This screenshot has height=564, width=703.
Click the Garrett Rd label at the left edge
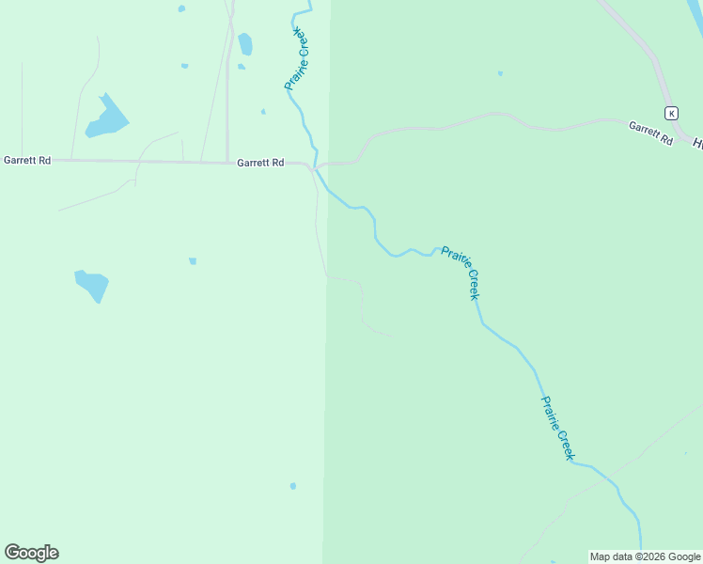[x=26, y=160]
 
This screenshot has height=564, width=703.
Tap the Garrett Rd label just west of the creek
[x=260, y=163]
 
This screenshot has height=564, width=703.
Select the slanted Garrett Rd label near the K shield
[x=651, y=133]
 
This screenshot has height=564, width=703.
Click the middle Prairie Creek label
[x=461, y=273]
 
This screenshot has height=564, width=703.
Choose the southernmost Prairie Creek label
[x=556, y=428]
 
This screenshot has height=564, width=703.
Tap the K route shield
[x=671, y=113]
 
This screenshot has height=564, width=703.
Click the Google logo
[x=31, y=553]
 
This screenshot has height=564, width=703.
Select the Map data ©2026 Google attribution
[x=645, y=556]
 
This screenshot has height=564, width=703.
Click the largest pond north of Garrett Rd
[x=106, y=117]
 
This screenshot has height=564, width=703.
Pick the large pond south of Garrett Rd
[x=92, y=283]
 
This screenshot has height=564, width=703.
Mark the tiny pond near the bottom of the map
[x=293, y=486]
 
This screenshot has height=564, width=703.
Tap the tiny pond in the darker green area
[x=500, y=73]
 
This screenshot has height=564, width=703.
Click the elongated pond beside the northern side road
[x=245, y=44]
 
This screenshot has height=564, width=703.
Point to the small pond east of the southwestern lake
[x=193, y=260]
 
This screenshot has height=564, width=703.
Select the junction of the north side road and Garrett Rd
[x=227, y=162]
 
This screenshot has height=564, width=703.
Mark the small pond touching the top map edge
[x=181, y=8]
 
